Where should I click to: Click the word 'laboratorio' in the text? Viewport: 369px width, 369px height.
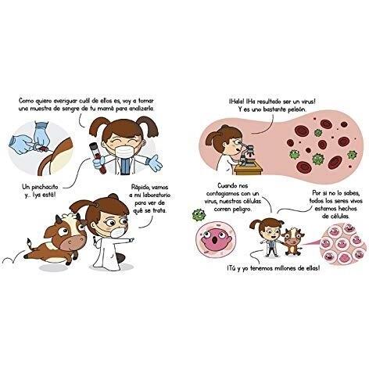tap(155, 195)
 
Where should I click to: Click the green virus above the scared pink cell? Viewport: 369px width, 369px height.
tap(199, 214)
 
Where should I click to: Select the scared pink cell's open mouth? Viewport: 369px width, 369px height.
tap(216, 240)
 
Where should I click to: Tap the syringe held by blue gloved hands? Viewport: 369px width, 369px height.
tap(41, 148)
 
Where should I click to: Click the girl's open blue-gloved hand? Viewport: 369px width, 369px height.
tap(156, 163)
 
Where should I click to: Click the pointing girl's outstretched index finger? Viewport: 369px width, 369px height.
tap(132, 238)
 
